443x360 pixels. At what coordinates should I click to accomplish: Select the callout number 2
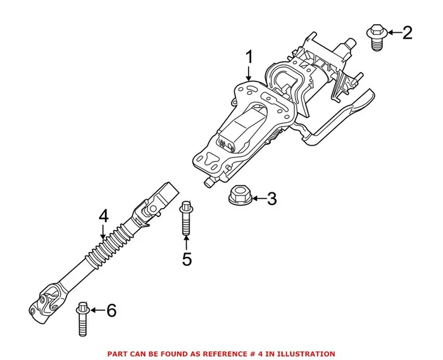406,32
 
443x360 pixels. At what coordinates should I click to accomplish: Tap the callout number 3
271,200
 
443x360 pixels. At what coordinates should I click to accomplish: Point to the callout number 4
104,216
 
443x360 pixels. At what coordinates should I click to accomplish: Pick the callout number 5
187,259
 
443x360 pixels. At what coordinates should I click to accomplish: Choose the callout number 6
111,310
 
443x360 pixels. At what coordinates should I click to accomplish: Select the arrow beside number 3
257,200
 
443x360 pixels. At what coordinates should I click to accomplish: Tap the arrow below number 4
104,233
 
